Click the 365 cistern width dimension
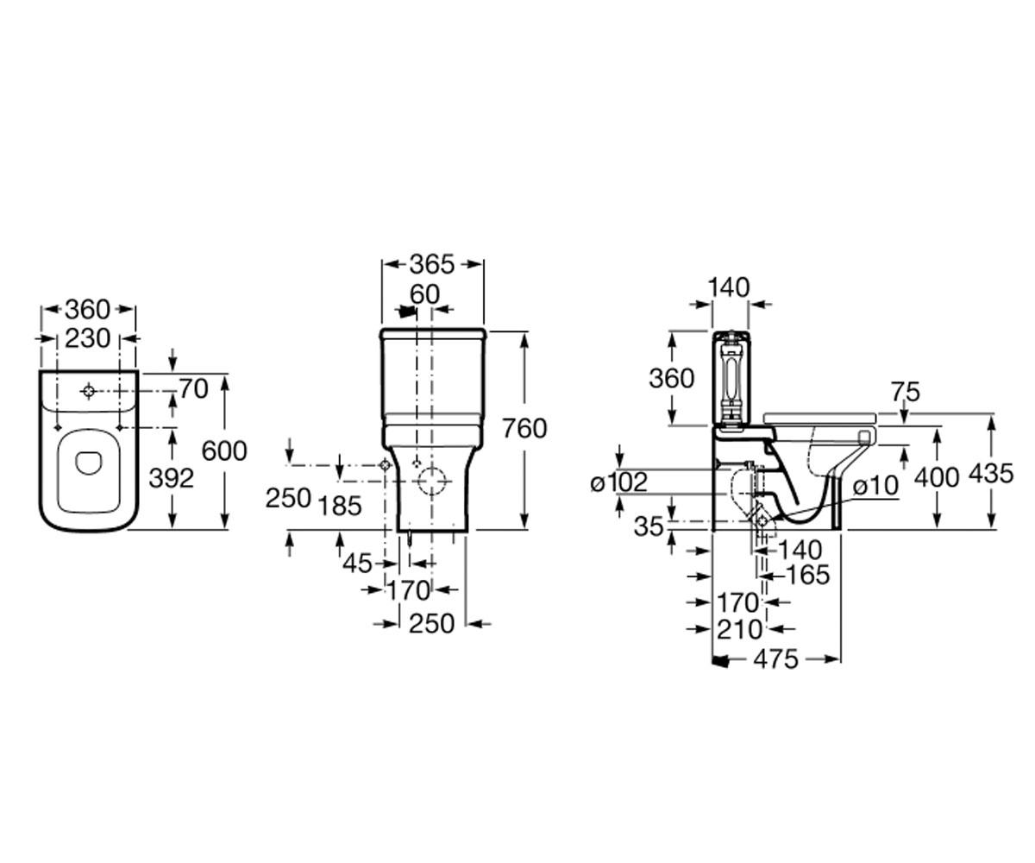point(432,265)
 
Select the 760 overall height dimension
point(525,429)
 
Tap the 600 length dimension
point(224,451)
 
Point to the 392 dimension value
point(171,479)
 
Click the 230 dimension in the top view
point(88,339)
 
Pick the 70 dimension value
point(193,389)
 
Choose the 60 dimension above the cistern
point(425,294)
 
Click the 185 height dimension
point(340,506)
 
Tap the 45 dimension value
point(357,564)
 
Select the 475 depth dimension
point(775,659)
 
